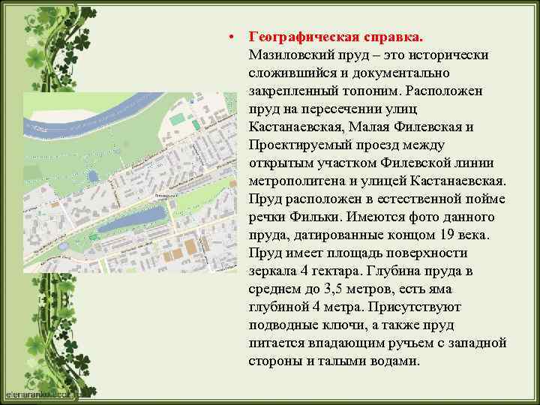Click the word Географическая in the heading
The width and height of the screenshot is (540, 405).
tap(303, 37)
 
